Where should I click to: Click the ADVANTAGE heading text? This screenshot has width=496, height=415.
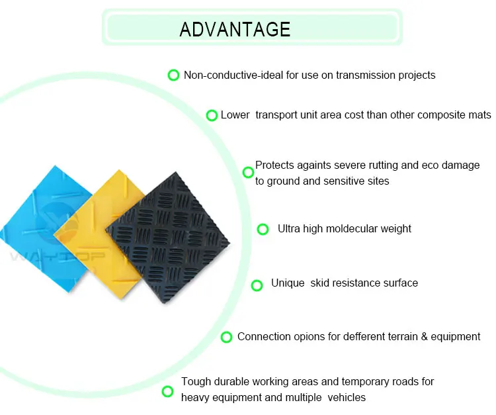[235, 29]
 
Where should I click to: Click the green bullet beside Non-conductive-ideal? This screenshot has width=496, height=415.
[173, 75]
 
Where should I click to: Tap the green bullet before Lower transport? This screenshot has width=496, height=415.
[212, 115]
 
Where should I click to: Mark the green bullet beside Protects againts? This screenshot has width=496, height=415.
[248, 172]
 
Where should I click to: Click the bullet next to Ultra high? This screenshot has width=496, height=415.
[263, 229]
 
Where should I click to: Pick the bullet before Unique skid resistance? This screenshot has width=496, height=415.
[257, 285]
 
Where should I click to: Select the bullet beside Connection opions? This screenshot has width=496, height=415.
[226, 337]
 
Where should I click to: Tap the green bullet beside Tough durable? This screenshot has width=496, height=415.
[167, 391]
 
